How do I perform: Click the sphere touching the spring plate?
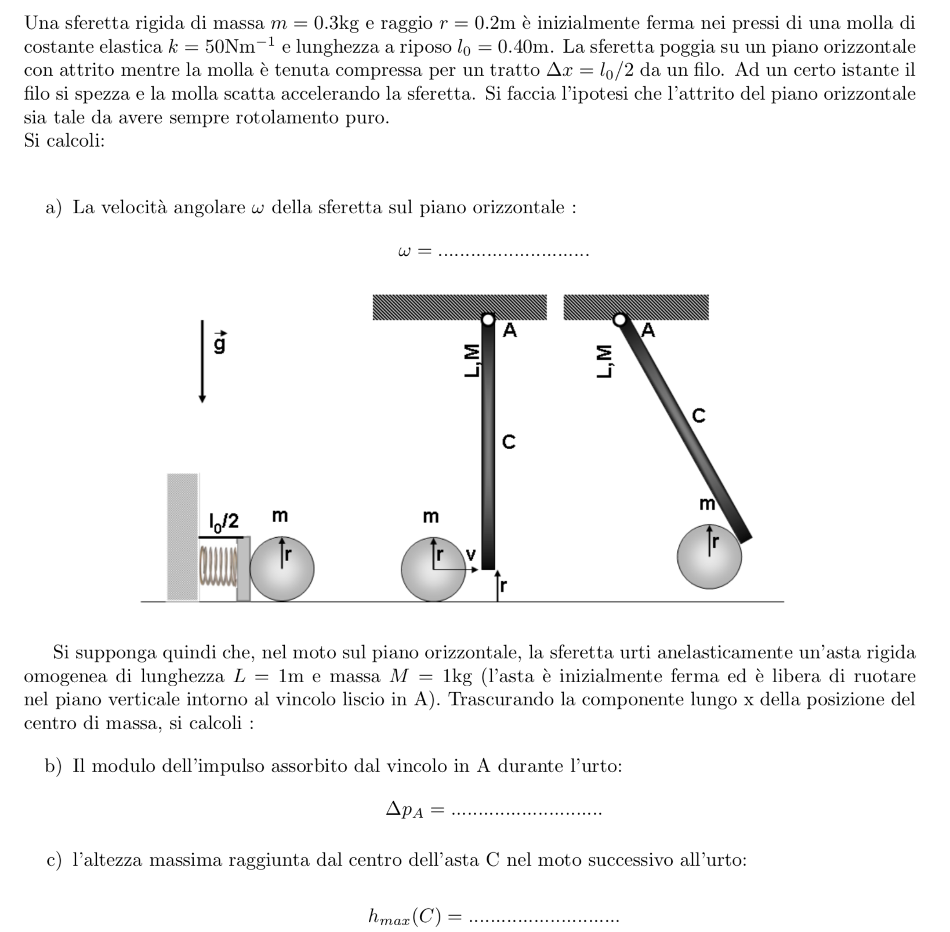(282, 569)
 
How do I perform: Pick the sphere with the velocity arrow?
(433, 569)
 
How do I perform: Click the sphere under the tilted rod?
(709, 556)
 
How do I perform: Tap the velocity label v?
(470, 555)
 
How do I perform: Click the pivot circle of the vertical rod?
(488, 319)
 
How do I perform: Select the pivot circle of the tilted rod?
(620, 319)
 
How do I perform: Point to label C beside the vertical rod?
(508, 442)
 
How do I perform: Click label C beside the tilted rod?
(699, 416)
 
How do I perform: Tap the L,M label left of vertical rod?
(473, 361)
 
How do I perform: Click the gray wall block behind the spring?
(183, 537)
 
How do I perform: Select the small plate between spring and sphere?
(244, 569)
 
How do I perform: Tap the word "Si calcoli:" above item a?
(64, 141)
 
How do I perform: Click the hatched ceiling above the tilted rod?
(636, 307)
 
